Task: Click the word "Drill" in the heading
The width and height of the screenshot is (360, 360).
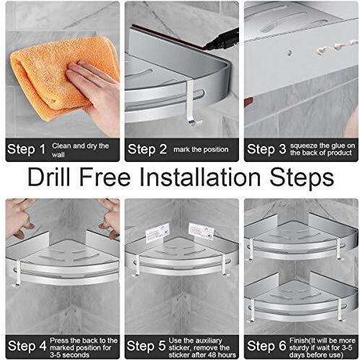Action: (x=49, y=178)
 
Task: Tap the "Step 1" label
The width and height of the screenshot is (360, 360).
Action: (x=27, y=149)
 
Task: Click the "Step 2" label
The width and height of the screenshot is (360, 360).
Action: (x=147, y=149)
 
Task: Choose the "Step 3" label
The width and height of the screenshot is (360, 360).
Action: (x=266, y=149)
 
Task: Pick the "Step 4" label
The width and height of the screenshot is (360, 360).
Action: (x=27, y=346)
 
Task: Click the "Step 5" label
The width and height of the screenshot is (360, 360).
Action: (x=146, y=346)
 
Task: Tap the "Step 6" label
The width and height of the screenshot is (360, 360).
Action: (x=266, y=346)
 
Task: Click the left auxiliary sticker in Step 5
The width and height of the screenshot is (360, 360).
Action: (x=158, y=233)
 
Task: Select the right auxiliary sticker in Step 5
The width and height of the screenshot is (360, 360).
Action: (x=201, y=231)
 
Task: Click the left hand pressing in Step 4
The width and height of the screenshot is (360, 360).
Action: (x=20, y=218)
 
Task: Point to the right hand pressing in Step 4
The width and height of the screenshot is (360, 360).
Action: (x=109, y=217)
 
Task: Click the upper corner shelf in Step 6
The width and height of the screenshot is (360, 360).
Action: (x=300, y=240)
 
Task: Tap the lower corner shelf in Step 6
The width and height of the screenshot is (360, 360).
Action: (x=300, y=301)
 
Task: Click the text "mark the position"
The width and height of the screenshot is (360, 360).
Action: (x=201, y=150)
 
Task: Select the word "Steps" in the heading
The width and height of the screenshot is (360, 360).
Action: (x=302, y=178)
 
